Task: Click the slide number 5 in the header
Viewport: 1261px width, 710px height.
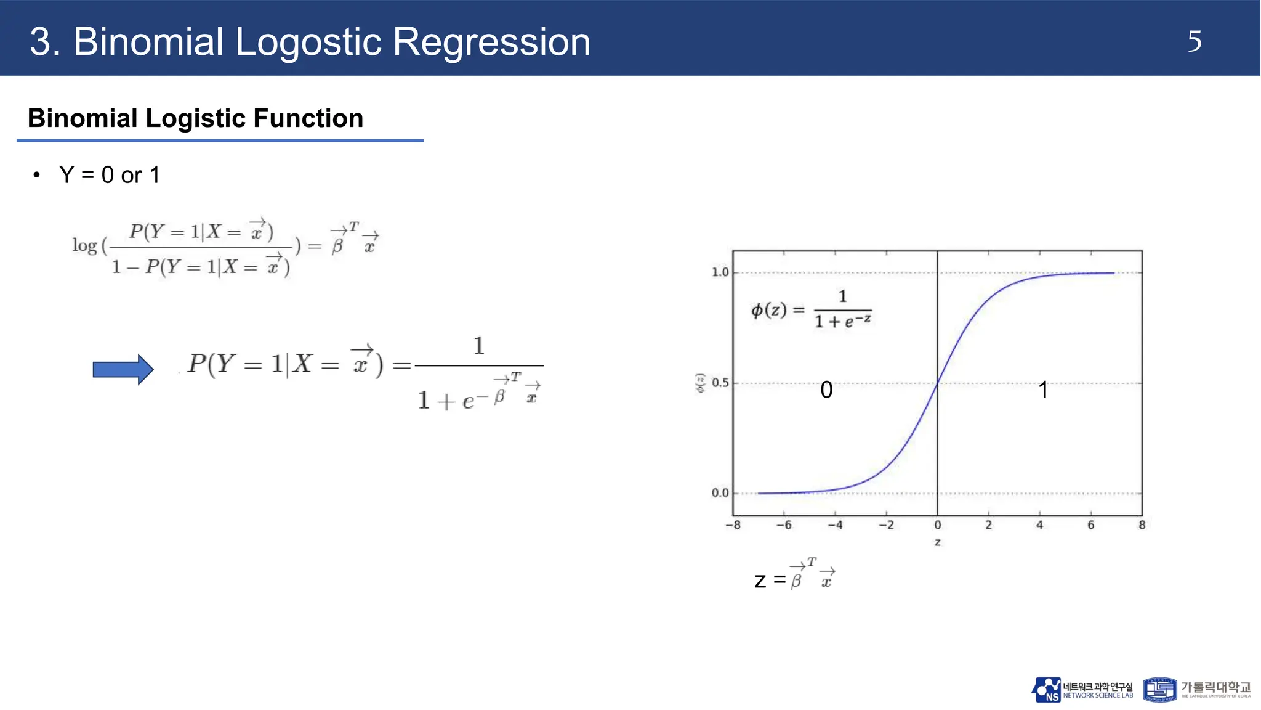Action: coord(1194,42)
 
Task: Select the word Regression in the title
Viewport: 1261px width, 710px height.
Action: coord(491,42)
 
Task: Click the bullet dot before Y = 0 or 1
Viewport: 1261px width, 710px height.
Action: coord(37,175)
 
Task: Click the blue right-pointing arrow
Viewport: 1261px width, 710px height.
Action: coord(123,369)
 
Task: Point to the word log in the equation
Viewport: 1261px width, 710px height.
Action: coord(84,245)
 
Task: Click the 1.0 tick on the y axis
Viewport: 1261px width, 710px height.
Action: coord(720,272)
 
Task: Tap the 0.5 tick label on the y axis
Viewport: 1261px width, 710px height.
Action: coord(720,383)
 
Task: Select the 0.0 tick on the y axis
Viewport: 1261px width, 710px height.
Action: coord(720,493)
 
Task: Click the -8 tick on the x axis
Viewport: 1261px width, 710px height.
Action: coord(733,525)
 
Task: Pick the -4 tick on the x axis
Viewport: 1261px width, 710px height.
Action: coord(835,525)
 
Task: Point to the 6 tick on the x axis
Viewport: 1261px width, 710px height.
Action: coord(1090,525)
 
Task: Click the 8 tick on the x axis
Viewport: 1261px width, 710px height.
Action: coord(1142,525)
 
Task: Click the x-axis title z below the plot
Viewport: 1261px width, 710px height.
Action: coord(937,542)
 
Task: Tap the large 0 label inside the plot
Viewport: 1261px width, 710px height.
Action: coord(826,390)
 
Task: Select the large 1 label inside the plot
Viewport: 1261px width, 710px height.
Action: coord(1043,390)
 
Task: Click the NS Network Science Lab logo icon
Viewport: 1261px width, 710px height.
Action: coord(1046,690)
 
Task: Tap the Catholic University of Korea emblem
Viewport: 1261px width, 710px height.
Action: coord(1159,689)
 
